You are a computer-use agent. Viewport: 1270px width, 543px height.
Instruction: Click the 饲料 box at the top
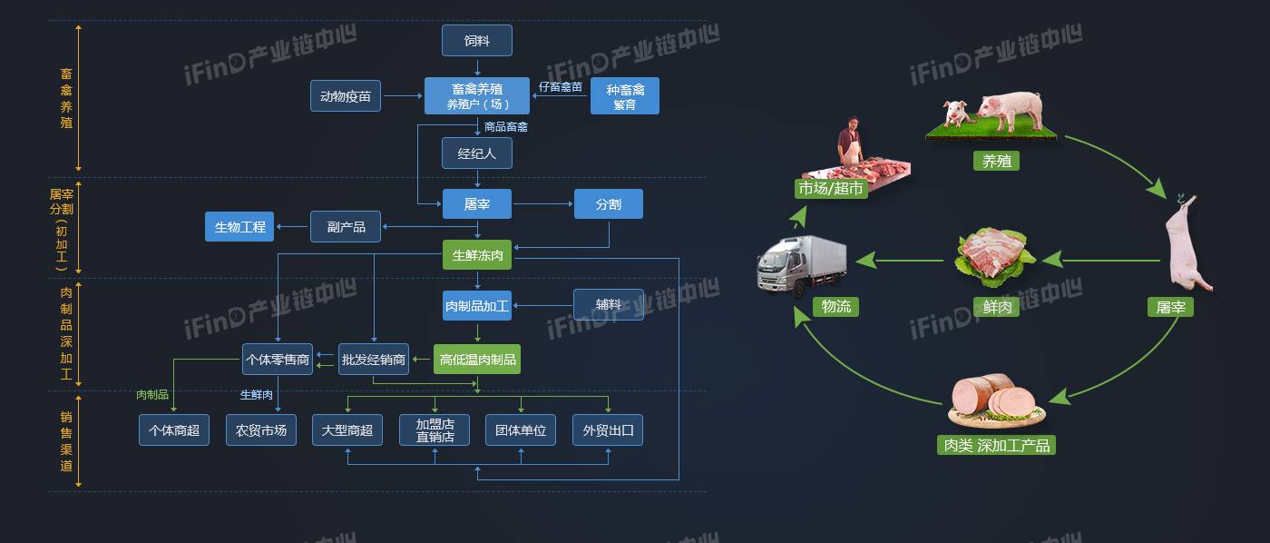tap(476, 41)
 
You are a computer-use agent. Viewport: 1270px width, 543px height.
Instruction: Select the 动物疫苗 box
tap(346, 95)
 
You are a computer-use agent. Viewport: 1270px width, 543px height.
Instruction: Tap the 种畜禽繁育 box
tap(624, 96)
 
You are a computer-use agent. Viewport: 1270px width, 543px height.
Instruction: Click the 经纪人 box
tap(476, 153)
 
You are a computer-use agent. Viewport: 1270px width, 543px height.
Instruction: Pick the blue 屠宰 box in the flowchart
tap(476, 204)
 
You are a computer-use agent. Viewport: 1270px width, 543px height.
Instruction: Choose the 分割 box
tap(608, 204)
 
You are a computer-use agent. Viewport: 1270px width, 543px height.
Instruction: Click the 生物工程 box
tap(240, 226)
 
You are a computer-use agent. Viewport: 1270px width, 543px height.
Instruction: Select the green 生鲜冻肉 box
tap(477, 256)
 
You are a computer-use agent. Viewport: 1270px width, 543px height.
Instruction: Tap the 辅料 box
tap(608, 305)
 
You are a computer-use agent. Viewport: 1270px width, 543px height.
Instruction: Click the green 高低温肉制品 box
tap(477, 360)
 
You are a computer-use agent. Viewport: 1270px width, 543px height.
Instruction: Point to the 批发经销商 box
tap(373, 360)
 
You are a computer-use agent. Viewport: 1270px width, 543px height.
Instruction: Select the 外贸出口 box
tap(607, 430)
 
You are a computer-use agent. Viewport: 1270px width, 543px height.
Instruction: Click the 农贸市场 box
tap(260, 430)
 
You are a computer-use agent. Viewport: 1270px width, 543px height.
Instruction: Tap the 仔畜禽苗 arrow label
tap(560, 86)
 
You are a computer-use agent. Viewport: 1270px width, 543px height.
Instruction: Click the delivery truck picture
tap(800, 263)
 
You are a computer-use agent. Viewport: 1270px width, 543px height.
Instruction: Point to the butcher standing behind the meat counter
tap(849, 140)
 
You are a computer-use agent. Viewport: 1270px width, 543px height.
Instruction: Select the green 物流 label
tap(835, 307)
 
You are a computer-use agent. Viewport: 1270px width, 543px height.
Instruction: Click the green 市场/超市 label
tap(831, 189)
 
